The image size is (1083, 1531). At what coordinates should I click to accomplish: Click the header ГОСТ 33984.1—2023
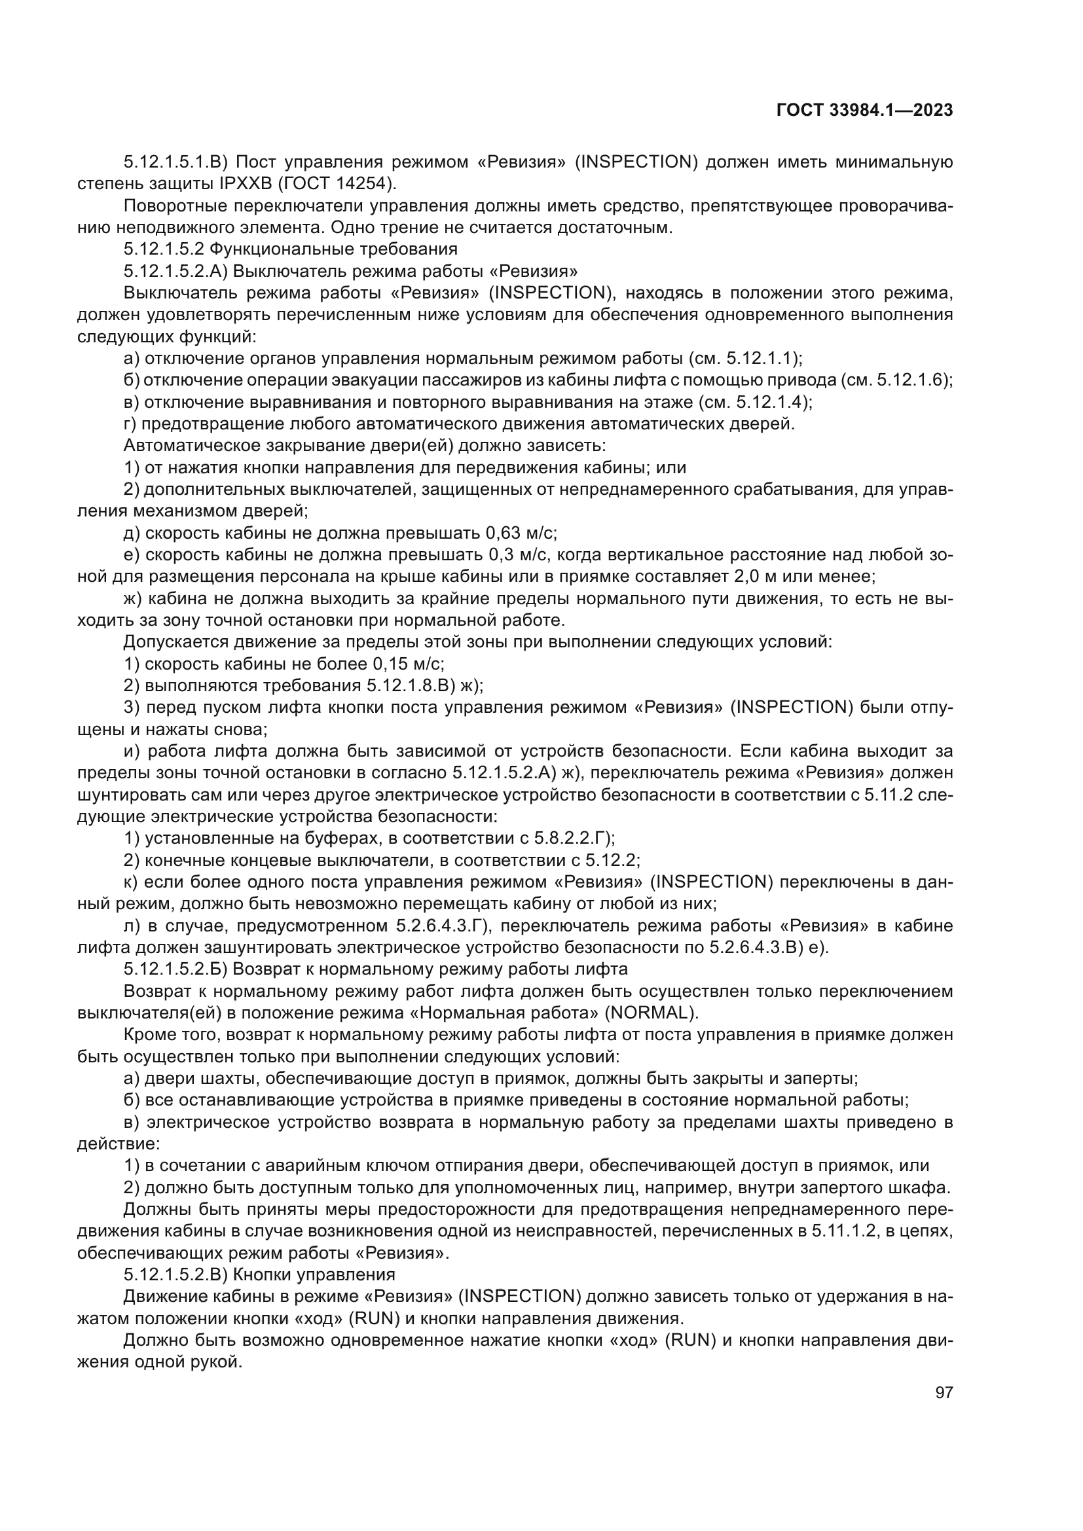[x=864, y=111]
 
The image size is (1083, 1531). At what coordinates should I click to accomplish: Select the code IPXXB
[x=255, y=183]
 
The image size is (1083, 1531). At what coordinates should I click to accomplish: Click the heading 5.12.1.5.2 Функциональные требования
[x=291, y=249]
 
